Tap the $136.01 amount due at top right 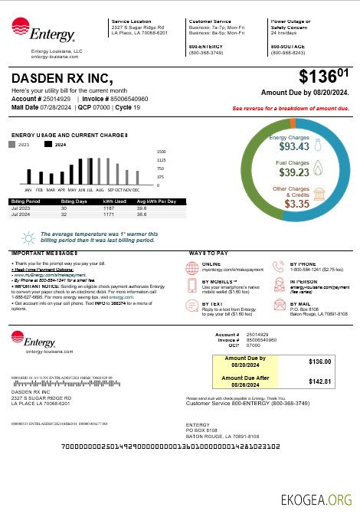[x=323, y=77]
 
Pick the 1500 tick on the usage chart [x=161, y=152]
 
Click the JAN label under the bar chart [x=28, y=188]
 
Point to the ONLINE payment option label [x=211, y=264]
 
